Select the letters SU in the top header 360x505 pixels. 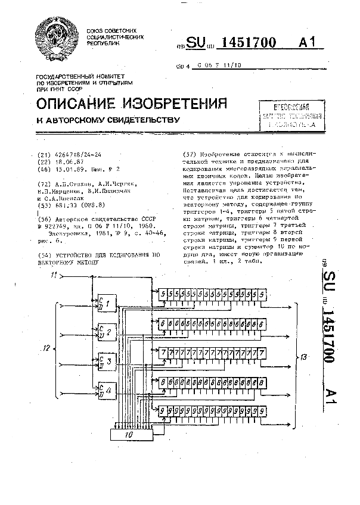click(x=196, y=43)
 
